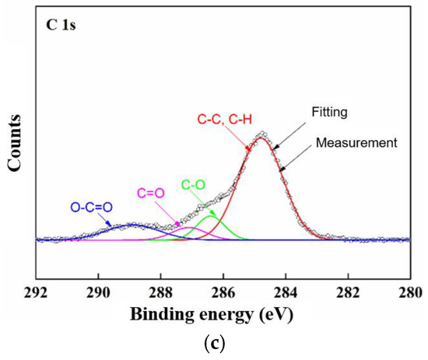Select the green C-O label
click(195, 185)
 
